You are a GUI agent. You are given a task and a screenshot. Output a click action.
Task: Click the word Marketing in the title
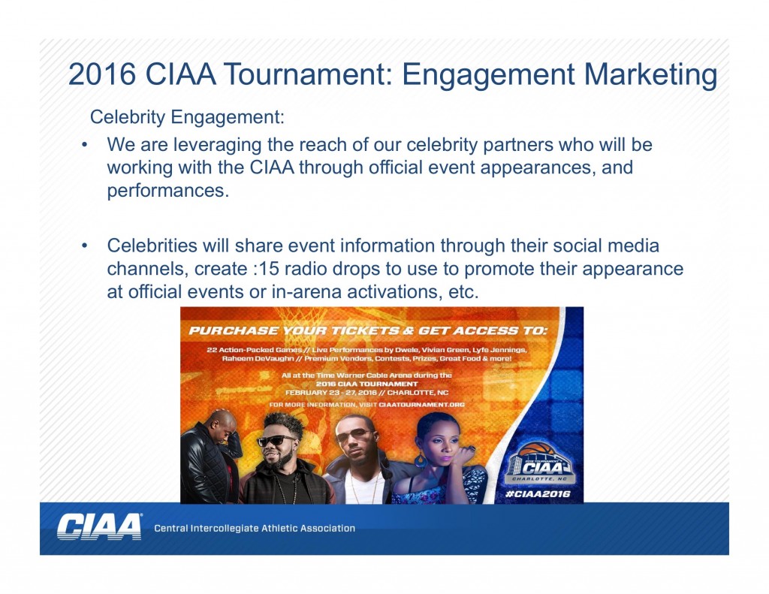650,75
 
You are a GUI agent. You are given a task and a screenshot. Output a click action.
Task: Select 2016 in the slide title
102,74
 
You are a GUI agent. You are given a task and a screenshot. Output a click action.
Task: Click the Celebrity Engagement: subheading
187,117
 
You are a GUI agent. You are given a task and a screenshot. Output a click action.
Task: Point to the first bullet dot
85,145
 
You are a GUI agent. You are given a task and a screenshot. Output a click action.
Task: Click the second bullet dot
85,246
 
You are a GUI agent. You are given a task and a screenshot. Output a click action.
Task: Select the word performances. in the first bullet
168,191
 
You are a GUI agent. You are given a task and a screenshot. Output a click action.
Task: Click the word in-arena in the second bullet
306,292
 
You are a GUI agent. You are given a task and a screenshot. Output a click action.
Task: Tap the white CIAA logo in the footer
100,527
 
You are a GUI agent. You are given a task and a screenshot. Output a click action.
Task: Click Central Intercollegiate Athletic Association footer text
255,528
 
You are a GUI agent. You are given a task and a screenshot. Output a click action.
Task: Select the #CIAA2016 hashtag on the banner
538,493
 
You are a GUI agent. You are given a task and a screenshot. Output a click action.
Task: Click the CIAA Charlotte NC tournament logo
539,463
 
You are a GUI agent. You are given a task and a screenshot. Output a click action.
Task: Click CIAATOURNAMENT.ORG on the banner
421,405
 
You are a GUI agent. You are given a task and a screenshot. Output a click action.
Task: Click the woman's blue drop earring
421,460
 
